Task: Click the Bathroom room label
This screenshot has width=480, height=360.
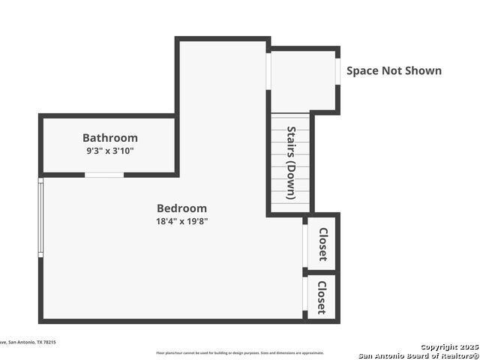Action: [110, 138]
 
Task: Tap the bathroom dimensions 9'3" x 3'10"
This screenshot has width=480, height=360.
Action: [110, 151]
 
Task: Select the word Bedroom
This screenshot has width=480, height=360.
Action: [181, 208]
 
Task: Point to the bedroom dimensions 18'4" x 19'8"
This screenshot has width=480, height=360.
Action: [181, 221]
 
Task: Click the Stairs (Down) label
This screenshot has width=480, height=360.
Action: [292, 163]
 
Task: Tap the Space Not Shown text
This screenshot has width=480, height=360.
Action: [394, 71]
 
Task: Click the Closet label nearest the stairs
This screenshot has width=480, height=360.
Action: [322, 244]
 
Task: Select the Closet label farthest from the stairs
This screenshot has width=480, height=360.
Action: [321, 298]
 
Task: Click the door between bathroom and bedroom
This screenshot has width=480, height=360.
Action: [104, 175]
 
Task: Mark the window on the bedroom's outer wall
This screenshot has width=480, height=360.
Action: [40, 217]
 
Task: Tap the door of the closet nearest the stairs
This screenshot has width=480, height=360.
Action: [304, 244]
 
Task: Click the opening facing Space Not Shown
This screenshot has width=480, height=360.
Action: [338, 71]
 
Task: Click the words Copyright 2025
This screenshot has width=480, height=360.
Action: [448, 347]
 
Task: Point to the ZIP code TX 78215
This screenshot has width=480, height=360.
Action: [46, 342]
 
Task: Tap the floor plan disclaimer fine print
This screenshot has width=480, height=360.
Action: [240, 352]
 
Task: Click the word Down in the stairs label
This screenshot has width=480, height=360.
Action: [292, 179]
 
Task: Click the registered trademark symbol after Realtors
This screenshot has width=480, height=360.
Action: [474, 355]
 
